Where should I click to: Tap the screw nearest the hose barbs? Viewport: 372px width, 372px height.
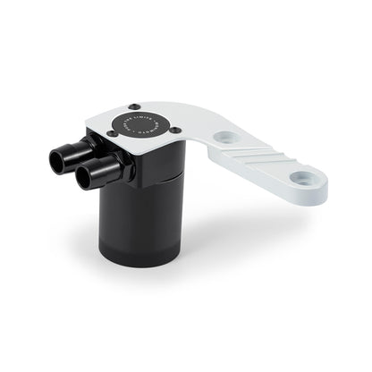pyautogui.click(x=112, y=134)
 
